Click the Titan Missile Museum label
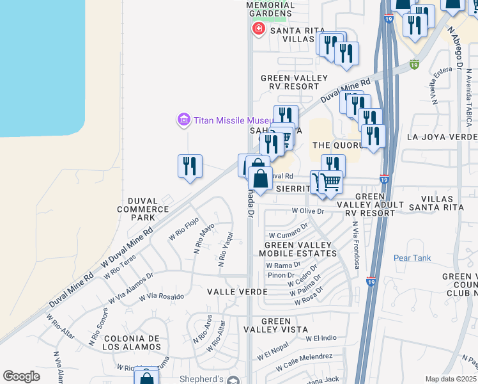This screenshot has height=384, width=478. tap(233, 120)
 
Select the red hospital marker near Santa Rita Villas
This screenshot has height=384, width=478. tap(259, 29)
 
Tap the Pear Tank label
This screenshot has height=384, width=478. tap(412, 258)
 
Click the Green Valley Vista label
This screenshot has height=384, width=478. tap(275, 326)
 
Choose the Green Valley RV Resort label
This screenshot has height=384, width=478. tap(293, 83)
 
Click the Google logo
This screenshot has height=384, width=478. tap(21, 376)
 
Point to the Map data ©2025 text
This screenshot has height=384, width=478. tap(451, 379)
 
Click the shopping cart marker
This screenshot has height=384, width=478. tap(330, 182)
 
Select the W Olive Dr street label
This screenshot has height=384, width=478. tap(308, 211)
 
